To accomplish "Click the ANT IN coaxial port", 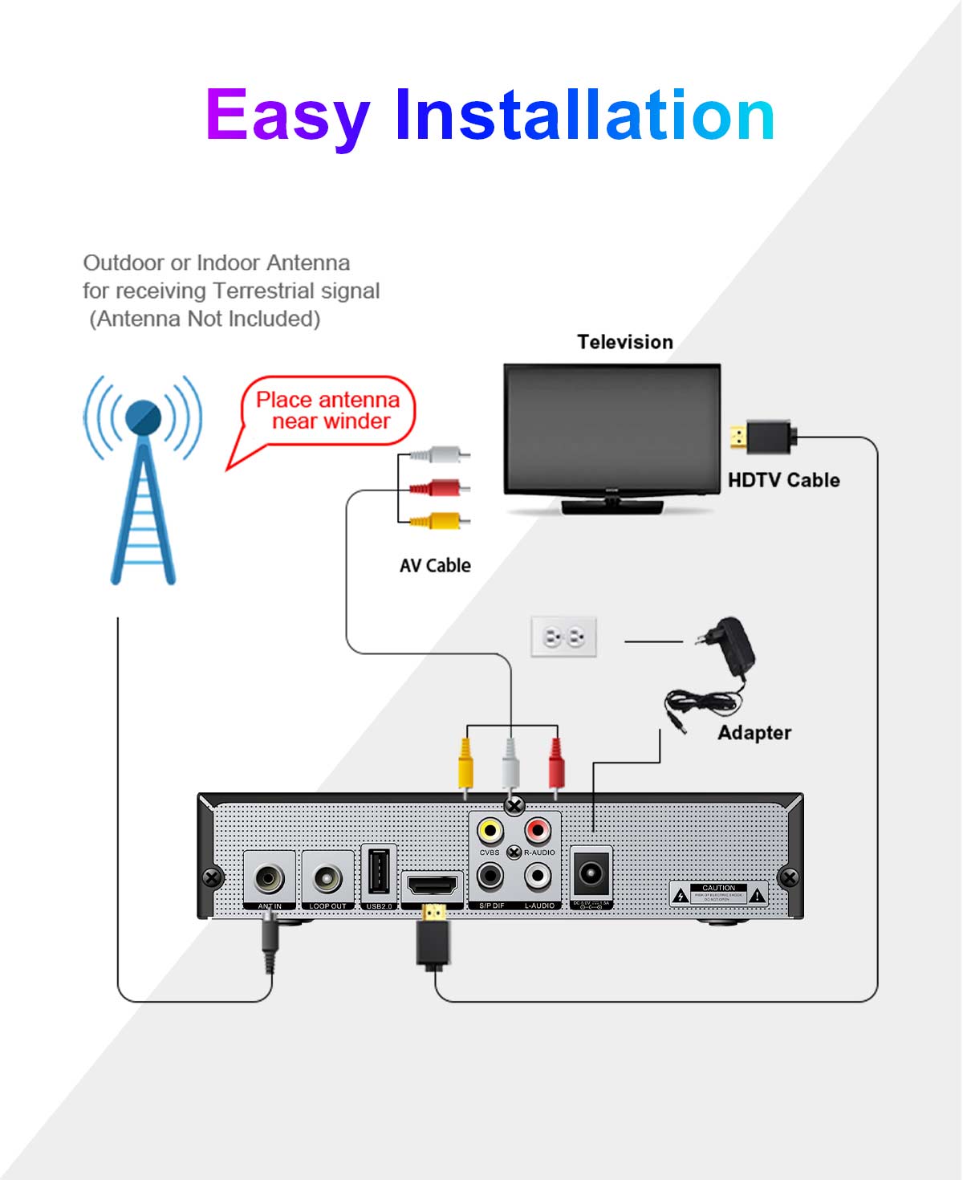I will (x=270, y=879).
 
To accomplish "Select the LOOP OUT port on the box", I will (x=327, y=879).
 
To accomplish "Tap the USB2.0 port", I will (x=379, y=872).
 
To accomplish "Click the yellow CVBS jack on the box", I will (x=490, y=830).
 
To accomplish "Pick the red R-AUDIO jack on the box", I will (x=538, y=830).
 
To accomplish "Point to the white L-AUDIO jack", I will (x=538, y=877).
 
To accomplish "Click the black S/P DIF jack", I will (x=490, y=877).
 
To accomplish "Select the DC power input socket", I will (x=591, y=873).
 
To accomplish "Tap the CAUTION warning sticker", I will (x=718, y=894).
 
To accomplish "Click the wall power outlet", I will (x=564, y=637).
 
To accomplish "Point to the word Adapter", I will (x=754, y=733).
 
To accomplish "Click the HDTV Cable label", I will (x=783, y=480).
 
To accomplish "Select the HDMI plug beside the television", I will (x=762, y=437).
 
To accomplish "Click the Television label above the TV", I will (x=625, y=342).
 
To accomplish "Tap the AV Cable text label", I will (x=435, y=566).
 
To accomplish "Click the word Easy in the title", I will (x=287, y=116).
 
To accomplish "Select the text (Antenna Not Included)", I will (x=205, y=319).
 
